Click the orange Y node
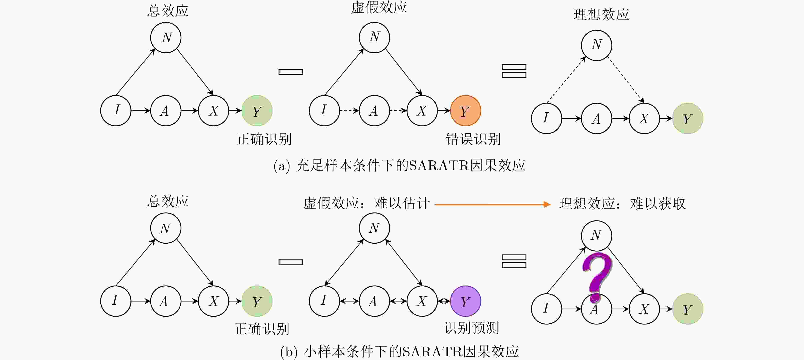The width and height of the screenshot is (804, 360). (465, 110)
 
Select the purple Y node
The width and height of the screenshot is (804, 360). (465, 301)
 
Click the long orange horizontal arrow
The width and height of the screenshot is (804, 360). (493, 204)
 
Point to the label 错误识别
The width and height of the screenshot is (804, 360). (473, 139)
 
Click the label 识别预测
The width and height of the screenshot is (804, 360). (471, 328)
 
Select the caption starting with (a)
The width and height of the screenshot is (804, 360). (399, 165)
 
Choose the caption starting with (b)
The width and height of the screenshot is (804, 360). (399, 351)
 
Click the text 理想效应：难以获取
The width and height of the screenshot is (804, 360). (622, 204)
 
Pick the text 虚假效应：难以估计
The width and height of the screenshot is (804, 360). (366, 203)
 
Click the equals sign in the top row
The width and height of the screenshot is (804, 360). (514, 71)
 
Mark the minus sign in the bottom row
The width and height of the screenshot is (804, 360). (291, 262)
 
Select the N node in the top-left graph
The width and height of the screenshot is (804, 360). (166, 37)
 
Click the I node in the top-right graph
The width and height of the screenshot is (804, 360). (546, 118)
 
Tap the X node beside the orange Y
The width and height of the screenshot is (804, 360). (422, 110)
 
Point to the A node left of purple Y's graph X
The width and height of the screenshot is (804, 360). (374, 301)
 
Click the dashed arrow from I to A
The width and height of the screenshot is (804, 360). (349, 110)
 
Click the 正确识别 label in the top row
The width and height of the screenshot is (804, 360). (264, 139)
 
